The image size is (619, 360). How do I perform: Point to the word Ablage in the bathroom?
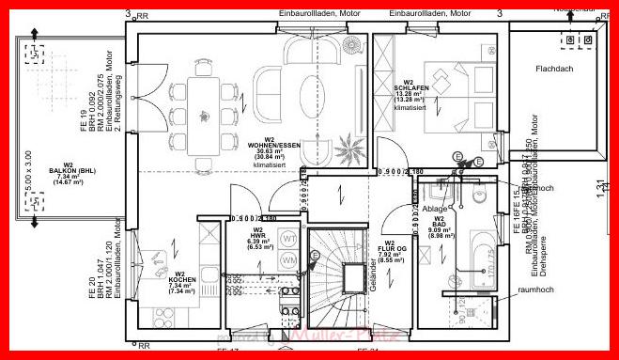434,208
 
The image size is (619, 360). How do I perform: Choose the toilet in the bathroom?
478,196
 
